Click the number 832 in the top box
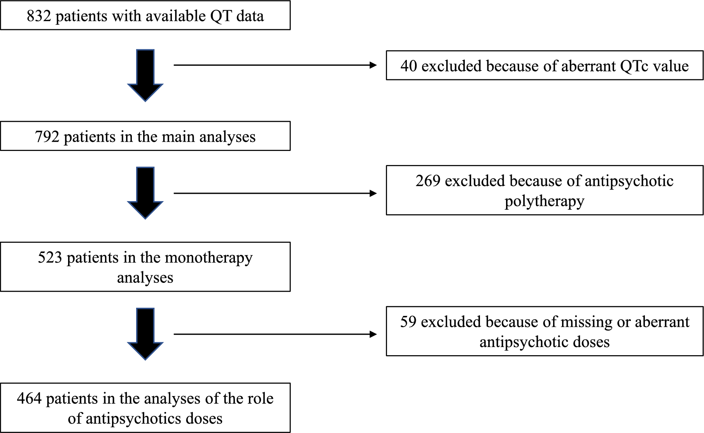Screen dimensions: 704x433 pyautogui.click(x=39, y=16)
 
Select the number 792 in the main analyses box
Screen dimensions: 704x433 pyautogui.click(x=47, y=137)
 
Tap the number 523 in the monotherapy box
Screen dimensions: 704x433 pyautogui.click(x=50, y=258)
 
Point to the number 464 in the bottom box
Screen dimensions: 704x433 pyautogui.click(x=29, y=398)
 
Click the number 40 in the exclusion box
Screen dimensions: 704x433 pyautogui.click(x=408, y=66)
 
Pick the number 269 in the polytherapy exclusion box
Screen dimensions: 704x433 pyautogui.click(x=427, y=181)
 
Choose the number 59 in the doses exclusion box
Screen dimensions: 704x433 pyautogui.click(x=408, y=322)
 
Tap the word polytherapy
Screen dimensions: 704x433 pyautogui.click(x=545, y=202)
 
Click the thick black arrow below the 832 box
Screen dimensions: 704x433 pyautogui.click(x=145, y=75)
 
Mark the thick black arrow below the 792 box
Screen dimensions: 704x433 pyautogui.click(x=145, y=193)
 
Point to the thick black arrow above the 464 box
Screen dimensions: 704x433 pyautogui.click(x=145, y=334)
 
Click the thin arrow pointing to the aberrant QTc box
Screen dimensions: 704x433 pyautogui.click(x=275, y=65)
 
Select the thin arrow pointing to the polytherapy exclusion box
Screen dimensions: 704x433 pyautogui.click(x=275, y=193)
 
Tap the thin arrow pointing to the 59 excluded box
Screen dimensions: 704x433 pyautogui.click(x=275, y=334)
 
